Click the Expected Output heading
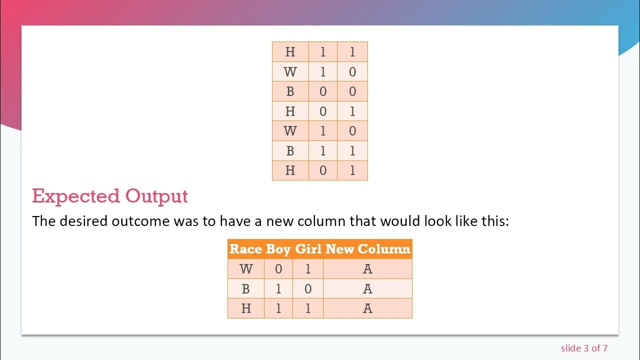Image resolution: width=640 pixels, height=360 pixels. [x=110, y=196]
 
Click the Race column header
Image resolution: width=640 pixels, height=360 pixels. [x=245, y=249]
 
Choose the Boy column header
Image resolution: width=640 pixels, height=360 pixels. [x=278, y=249]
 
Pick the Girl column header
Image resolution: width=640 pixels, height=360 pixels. [x=308, y=249]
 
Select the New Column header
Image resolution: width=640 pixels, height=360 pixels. [x=368, y=249]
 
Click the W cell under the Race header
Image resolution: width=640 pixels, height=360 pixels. [x=246, y=269]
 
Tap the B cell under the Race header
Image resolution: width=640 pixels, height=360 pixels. [x=246, y=289]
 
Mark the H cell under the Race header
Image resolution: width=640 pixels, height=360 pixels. [x=246, y=308]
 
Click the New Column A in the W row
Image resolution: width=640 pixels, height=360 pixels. [x=367, y=269]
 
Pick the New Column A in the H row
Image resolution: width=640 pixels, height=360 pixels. [x=367, y=308]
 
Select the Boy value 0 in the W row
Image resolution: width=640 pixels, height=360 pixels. [x=278, y=269]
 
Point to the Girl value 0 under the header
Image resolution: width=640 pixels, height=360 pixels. [x=308, y=289]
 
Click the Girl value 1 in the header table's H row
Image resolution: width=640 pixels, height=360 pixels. [x=308, y=308]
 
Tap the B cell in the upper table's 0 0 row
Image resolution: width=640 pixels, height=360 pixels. [x=290, y=91]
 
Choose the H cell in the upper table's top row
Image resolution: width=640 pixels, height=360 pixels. [x=290, y=51]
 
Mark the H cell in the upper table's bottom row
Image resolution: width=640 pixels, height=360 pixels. [x=290, y=170]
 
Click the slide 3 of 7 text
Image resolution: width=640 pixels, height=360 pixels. [x=584, y=348]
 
